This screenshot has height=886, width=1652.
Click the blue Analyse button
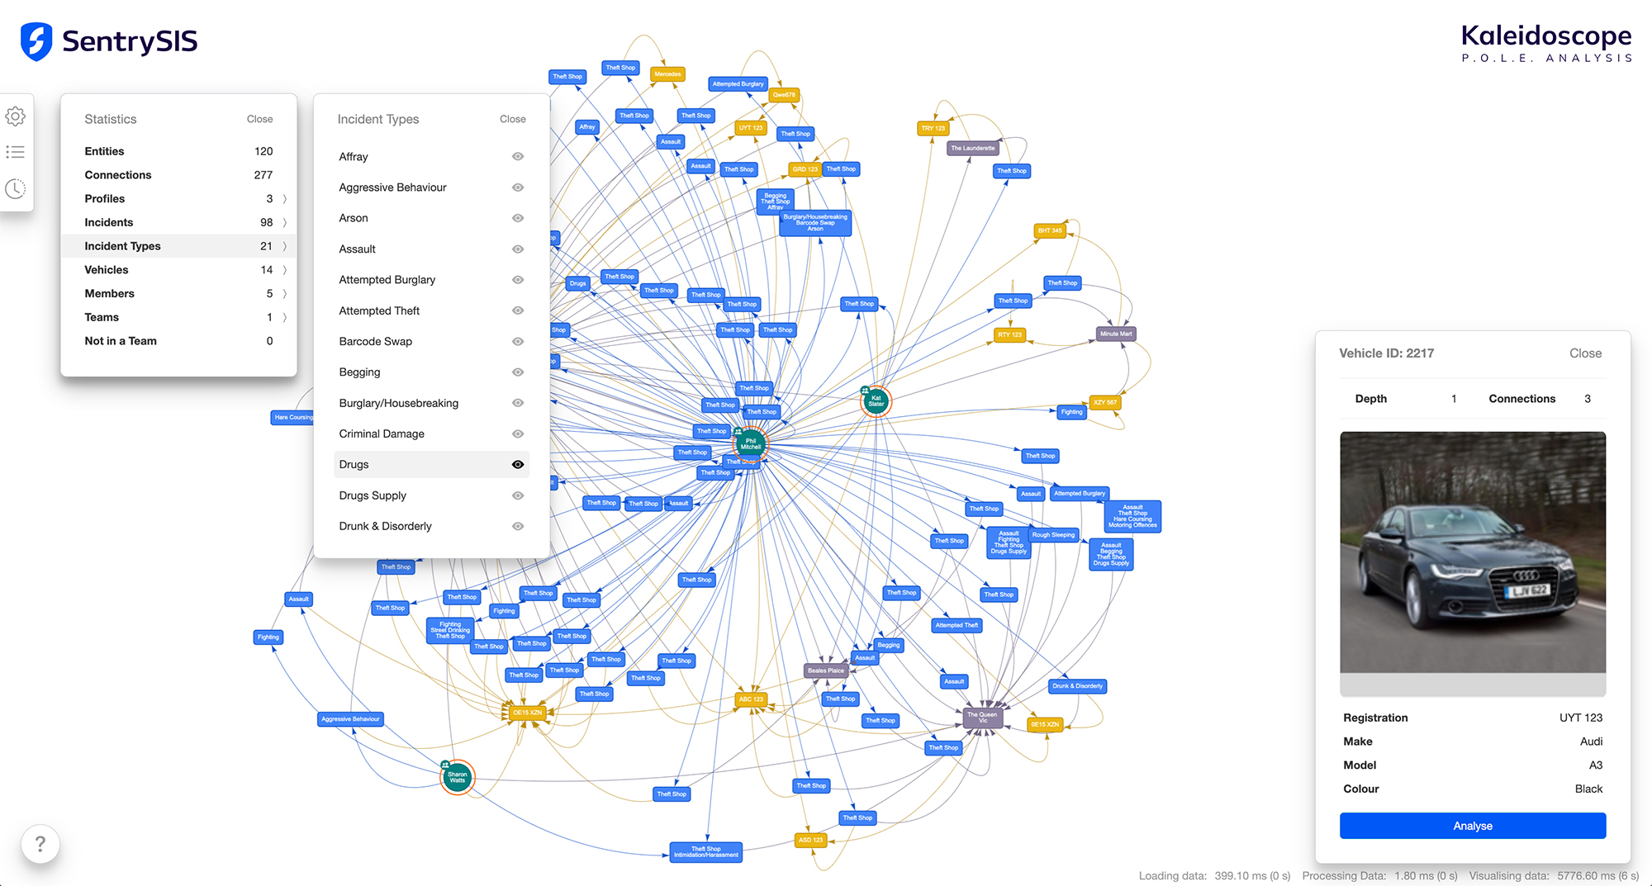point(1472,826)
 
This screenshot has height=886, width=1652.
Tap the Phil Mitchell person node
point(751,444)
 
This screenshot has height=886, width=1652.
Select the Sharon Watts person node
point(457,777)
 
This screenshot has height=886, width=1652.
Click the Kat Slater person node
point(876,401)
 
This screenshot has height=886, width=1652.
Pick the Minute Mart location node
point(1115,334)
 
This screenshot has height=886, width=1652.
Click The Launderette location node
point(972,149)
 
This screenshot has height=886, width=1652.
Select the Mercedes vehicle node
point(667,74)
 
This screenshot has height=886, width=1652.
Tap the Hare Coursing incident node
point(293,417)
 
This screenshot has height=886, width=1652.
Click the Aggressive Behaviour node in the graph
point(350,719)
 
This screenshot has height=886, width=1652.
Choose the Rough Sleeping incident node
point(1053,535)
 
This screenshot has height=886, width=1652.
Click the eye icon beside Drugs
point(518,465)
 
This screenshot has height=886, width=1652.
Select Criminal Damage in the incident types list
point(382,434)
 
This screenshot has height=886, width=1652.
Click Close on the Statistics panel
point(259,119)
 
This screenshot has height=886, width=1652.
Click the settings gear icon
point(16,116)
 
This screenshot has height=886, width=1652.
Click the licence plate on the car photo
point(1529,590)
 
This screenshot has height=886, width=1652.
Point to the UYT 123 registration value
point(1580,718)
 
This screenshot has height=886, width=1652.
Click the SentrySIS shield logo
point(36,41)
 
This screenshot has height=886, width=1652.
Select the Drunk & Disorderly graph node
point(1077,686)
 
